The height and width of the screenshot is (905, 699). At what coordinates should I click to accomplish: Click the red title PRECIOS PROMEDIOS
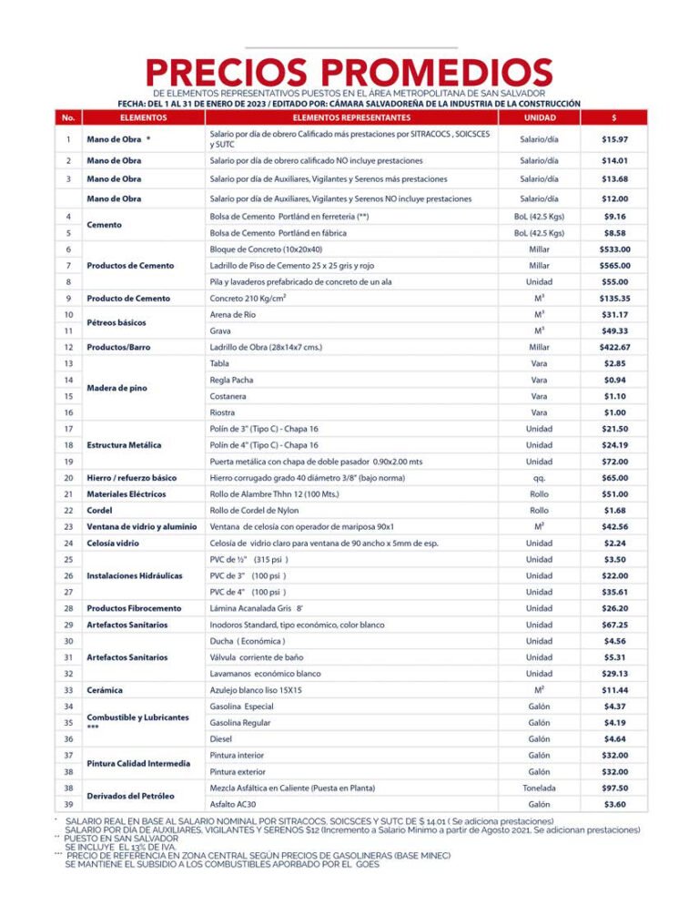pyautogui.click(x=349, y=72)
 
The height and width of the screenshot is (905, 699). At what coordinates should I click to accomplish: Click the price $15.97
pyautogui.click(x=614, y=139)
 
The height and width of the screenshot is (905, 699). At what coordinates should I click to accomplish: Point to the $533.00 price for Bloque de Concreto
pyautogui.click(x=614, y=249)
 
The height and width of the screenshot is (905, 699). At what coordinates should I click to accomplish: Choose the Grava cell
pyautogui.click(x=220, y=331)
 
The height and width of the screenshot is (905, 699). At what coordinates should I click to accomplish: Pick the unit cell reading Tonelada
pyautogui.click(x=539, y=788)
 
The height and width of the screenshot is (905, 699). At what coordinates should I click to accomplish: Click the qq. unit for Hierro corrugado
pyautogui.click(x=539, y=477)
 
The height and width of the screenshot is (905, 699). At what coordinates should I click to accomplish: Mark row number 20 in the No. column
pyautogui.click(x=68, y=477)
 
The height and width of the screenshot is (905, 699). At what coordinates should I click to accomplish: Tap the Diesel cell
pyautogui.click(x=221, y=738)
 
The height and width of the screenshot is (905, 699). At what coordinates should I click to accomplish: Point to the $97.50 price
pyautogui.click(x=614, y=788)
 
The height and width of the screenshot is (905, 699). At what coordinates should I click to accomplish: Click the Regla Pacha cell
pyautogui.click(x=231, y=380)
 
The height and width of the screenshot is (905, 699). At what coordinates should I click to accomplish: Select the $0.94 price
pyautogui.click(x=614, y=380)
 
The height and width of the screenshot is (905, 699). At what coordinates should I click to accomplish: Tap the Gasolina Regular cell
pyautogui.click(x=241, y=723)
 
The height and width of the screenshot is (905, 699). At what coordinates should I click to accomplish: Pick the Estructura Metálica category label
pyautogui.click(x=124, y=445)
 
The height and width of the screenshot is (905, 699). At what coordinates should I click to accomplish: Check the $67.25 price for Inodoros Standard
pyautogui.click(x=614, y=625)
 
